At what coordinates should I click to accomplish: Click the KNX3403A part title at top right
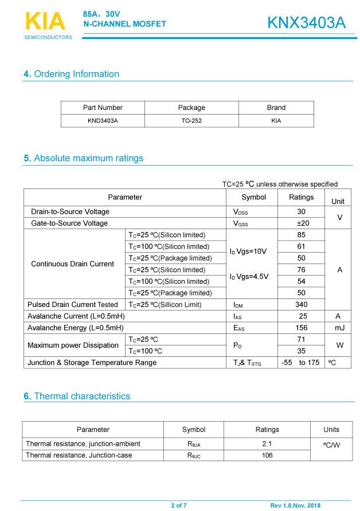(306, 23)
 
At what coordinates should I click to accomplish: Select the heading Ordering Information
(71, 74)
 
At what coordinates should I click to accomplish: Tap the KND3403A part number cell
(103, 121)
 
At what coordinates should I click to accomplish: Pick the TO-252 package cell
(191, 121)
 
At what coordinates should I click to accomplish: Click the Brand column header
(276, 108)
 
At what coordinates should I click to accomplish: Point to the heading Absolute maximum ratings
(83, 158)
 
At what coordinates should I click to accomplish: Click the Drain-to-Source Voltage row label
(70, 212)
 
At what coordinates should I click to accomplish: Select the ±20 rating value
(302, 223)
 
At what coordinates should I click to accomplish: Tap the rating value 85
(302, 235)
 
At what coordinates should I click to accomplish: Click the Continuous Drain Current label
(72, 264)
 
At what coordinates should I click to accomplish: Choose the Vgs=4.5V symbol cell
(249, 276)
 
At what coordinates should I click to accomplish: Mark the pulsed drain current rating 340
(302, 305)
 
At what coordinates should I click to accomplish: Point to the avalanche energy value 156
(302, 328)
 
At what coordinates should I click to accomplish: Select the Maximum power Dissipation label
(73, 345)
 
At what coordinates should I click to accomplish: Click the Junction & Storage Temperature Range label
(92, 363)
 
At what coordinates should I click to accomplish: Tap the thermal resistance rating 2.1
(267, 444)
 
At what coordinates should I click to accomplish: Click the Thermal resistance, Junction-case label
(79, 455)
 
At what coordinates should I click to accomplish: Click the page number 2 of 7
(179, 506)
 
